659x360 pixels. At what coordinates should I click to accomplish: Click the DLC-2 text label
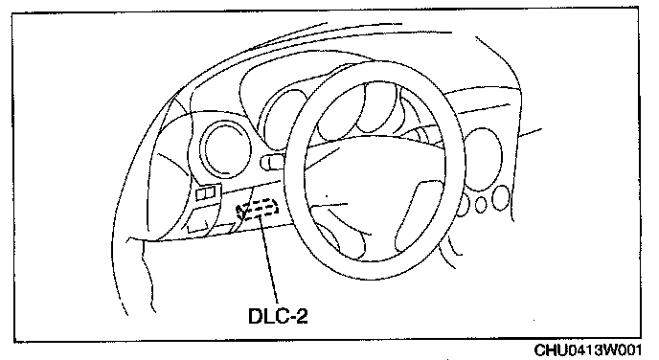[x=278, y=316]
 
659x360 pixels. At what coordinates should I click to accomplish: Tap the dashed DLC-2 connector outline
[x=258, y=209]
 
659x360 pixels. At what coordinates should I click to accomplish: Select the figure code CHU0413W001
[x=587, y=349]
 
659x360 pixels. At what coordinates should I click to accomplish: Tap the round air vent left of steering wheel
[x=226, y=148]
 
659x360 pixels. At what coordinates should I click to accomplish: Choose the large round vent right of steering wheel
[x=484, y=160]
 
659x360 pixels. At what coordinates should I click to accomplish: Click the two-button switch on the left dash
[x=208, y=192]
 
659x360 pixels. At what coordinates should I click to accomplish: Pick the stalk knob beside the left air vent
[x=273, y=162]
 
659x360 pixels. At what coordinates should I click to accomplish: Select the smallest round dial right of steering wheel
[x=481, y=205]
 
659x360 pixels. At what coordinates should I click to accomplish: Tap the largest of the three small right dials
[x=500, y=198]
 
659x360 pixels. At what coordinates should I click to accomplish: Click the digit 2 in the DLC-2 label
[x=302, y=316]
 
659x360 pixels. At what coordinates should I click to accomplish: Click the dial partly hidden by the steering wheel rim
[x=463, y=206]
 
